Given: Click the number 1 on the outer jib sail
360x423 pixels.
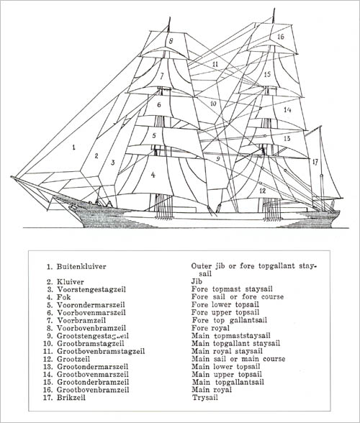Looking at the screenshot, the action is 73,147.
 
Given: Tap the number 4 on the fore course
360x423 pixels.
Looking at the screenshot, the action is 153,175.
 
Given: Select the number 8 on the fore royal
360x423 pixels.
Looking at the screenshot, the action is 171,41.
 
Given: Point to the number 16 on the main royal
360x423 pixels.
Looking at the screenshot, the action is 281,36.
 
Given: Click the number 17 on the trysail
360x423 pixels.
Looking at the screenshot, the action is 315,162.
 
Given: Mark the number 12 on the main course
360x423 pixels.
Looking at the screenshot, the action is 263,191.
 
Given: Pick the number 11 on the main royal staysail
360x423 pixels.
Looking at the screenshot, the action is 215,64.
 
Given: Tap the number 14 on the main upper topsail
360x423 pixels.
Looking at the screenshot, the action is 287,110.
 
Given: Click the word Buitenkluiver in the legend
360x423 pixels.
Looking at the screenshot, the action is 81,266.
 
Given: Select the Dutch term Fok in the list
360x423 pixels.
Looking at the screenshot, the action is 64,297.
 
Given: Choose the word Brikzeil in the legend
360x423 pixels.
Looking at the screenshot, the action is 71,397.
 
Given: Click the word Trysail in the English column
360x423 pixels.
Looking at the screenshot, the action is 205,397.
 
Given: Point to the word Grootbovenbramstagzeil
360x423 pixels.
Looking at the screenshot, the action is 101,351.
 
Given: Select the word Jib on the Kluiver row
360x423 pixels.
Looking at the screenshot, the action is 197,282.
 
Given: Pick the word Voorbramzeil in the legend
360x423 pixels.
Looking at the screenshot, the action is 81,320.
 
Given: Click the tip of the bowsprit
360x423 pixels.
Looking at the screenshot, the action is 12,177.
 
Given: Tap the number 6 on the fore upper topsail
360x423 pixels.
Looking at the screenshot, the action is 159,104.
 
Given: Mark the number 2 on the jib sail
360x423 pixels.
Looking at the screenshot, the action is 96,155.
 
